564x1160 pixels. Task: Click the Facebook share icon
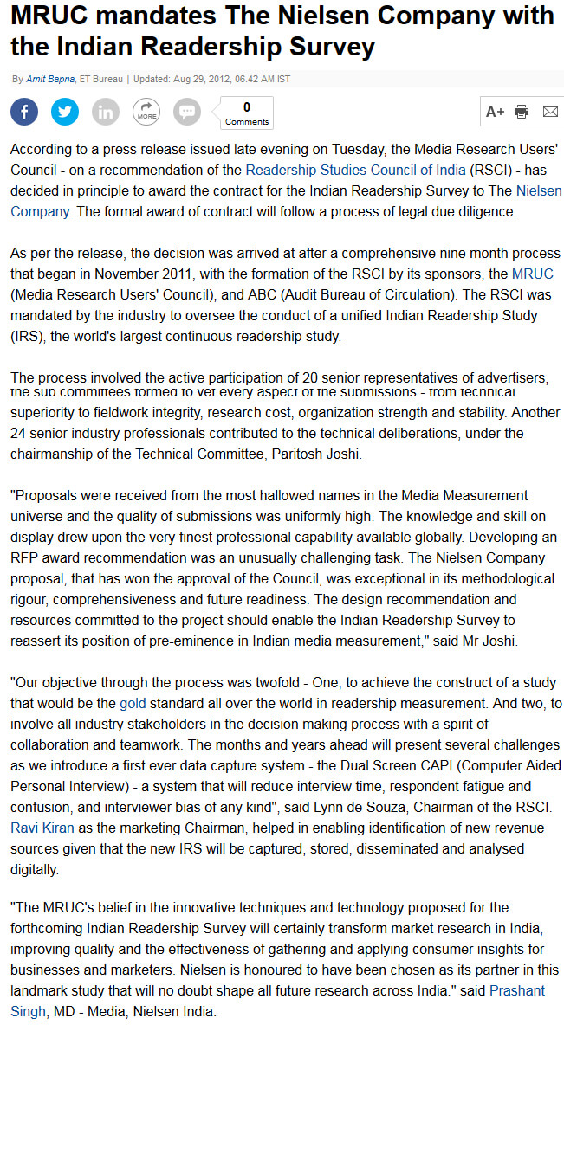(x=24, y=112)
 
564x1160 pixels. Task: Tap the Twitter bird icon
(x=65, y=112)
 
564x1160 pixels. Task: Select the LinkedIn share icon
(x=106, y=112)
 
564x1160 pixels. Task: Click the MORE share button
(x=146, y=112)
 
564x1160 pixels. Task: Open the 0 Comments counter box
(x=247, y=113)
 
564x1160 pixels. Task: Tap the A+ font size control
(x=495, y=112)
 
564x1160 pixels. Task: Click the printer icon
(x=522, y=112)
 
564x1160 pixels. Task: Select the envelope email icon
(x=550, y=112)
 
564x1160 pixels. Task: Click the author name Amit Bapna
(x=50, y=80)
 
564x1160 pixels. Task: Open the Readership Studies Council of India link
(x=355, y=170)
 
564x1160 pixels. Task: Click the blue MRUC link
(x=533, y=274)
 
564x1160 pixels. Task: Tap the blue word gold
(x=133, y=703)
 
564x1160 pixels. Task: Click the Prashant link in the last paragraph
(x=517, y=990)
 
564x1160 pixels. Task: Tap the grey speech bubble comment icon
(x=187, y=112)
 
